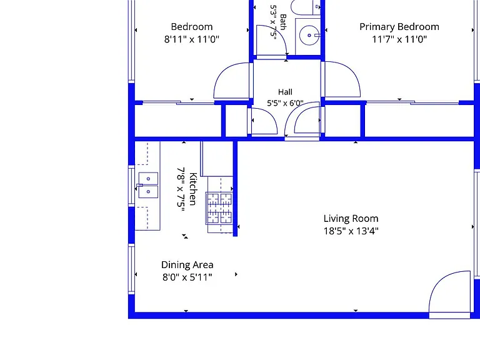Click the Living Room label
coord(351,219)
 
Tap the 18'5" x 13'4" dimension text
coord(351,231)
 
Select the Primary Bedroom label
coord(399,27)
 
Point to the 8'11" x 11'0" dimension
coord(192,39)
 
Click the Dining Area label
coord(187,265)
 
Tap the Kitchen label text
coord(192,189)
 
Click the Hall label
coord(285,92)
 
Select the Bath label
coord(283,22)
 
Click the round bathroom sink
coord(309,36)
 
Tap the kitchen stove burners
coord(220,208)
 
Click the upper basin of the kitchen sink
coord(148,179)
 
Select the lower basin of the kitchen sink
coord(148,192)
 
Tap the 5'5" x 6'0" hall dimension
coord(285,103)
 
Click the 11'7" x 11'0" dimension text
coord(399,39)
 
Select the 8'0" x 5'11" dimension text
coord(187,277)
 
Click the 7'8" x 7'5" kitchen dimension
coord(181,189)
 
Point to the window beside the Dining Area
coord(131,269)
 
